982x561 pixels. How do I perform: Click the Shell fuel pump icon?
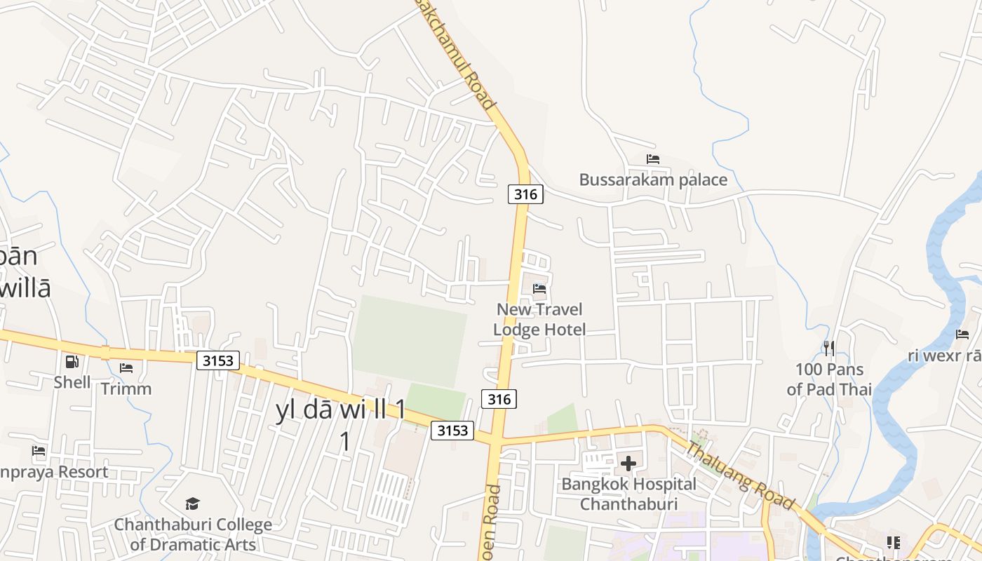72,362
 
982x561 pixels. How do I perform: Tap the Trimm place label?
126,388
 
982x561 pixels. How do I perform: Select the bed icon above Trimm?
126,367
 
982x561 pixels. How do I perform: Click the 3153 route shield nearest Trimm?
218,360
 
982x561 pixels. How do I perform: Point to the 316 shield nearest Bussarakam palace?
525,194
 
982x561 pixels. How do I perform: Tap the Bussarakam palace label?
653,180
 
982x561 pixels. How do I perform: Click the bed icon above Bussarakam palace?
653,159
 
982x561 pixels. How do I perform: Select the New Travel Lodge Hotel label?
539,319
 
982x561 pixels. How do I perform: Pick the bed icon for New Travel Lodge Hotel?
539,288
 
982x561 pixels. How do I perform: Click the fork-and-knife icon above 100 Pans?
829,348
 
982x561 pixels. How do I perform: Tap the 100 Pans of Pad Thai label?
829,379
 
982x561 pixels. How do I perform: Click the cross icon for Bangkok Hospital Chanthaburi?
628,464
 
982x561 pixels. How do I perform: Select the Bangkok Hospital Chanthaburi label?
628,494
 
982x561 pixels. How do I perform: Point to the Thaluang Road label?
740,475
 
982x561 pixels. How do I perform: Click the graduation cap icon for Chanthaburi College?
193,503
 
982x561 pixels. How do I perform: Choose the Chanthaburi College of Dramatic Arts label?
193,534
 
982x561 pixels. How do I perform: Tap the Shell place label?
72,382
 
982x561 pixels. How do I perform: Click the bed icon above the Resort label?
39,451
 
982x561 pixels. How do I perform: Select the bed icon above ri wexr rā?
962,334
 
